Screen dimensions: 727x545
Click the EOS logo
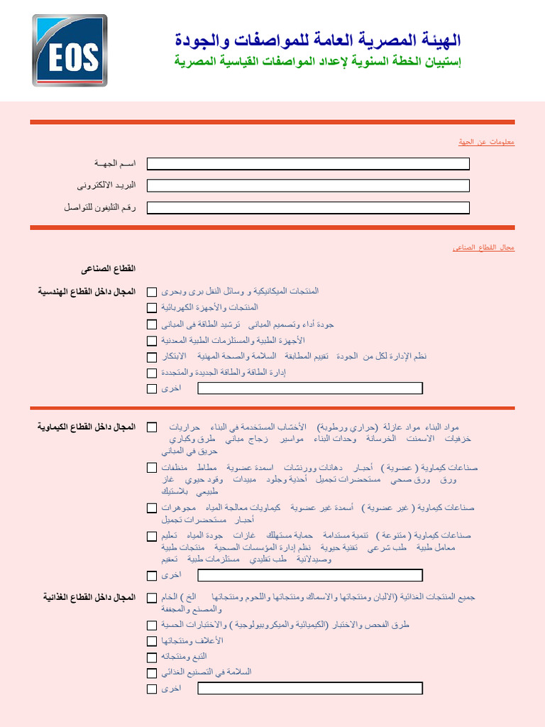click(x=70, y=50)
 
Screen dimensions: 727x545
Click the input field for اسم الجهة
click(x=308, y=164)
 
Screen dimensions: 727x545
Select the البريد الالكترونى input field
click(x=308, y=185)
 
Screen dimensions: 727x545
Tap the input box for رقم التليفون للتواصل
click(x=308, y=208)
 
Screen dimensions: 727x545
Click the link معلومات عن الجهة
click(x=486, y=143)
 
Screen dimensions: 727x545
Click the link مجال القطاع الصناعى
click(x=483, y=248)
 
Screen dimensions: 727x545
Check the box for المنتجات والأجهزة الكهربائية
click(x=152, y=308)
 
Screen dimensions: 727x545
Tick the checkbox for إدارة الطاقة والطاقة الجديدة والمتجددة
click(x=152, y=373)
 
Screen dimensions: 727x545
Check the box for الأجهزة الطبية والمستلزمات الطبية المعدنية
click(x=152, y=341)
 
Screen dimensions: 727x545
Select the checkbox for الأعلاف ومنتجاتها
click(x=152, y=641)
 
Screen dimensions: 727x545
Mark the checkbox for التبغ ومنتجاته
click(x=152, y=657)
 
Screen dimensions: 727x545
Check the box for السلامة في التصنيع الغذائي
click(x=152, y=673)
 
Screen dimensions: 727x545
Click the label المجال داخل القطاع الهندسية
click(x=87, y=291)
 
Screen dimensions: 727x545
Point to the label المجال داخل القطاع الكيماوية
click(x=87, y=427)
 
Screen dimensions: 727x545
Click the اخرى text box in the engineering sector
click(x=309, y=388)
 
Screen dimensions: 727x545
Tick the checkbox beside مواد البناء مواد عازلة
click(x=152, y=427)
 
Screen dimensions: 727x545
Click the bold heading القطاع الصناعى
click(x=108, y=269)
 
